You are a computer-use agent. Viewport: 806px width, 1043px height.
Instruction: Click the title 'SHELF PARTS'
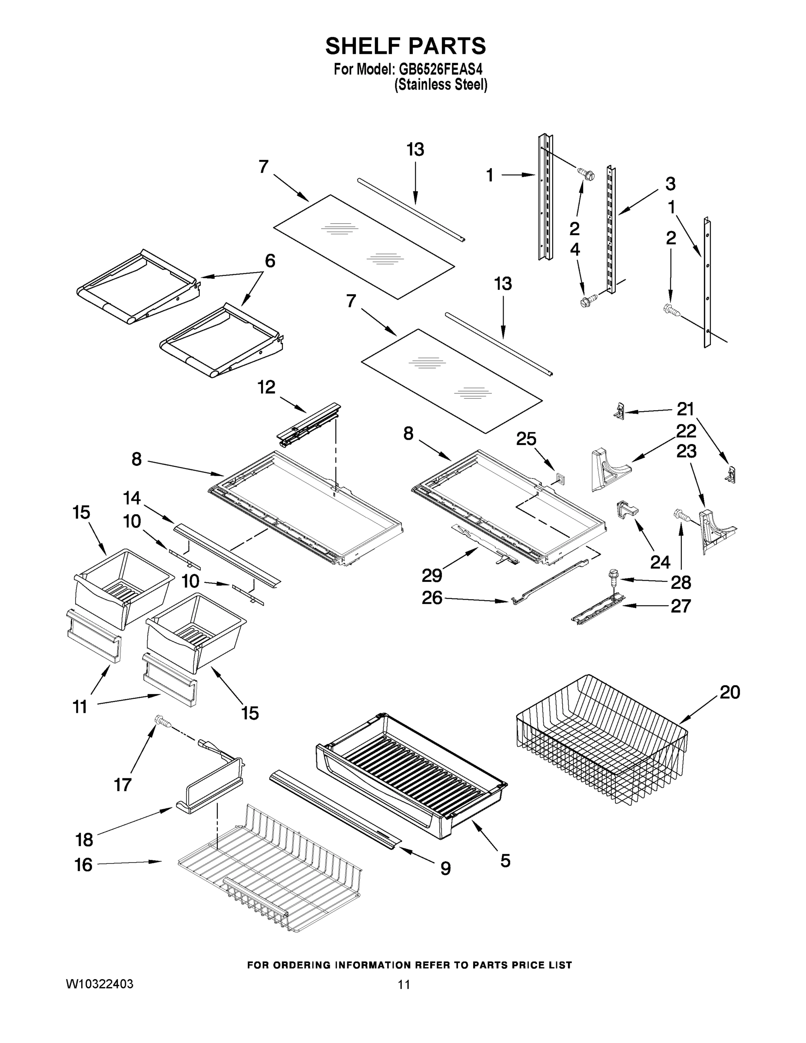click(x=405, y=47)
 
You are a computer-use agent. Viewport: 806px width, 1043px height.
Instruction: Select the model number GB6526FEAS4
click(x=440, y=69)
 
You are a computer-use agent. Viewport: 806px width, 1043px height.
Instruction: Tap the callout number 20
click(x=730, y=692)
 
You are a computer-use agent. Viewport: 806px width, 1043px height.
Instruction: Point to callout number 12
click(x=266, y=387)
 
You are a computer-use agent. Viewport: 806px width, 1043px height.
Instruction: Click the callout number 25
click(x=526, y=439)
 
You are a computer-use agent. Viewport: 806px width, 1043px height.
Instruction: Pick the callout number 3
click(x=670, y=184)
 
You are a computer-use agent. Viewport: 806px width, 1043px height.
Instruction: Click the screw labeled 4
click(x=585, y=302)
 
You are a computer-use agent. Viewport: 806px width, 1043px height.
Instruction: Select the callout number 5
click(x=505, y=861)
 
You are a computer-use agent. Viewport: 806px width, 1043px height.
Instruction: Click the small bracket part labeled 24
click(x=626, y=508)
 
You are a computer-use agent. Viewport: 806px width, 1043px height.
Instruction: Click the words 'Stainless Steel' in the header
click(x=440, y=85)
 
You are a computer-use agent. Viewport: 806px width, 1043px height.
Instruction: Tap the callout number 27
click(x=681, y=606)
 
